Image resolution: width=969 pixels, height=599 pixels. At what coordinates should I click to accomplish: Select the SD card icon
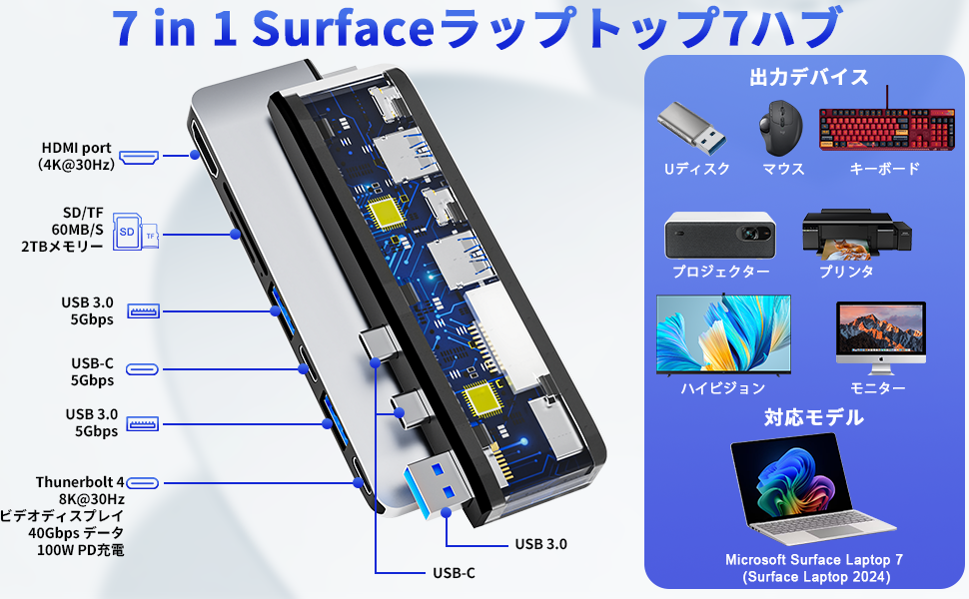(127, 233)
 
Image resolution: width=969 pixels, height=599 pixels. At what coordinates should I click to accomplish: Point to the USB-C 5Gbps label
(92, 371)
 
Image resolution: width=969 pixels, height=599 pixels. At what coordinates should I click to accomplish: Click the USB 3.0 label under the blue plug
(540, 544)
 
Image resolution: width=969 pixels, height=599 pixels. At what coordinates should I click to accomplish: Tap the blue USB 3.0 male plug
(438, 491)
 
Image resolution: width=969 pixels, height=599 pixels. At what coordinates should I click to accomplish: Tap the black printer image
(845, 234)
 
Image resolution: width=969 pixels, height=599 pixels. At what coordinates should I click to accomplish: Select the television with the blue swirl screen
(722, 333)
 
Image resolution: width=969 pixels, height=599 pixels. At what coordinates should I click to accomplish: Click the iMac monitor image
(880, 332)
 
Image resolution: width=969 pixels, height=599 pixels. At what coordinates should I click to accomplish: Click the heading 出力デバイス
(808, 77)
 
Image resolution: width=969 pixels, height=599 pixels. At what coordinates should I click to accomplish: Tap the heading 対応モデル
(808, 416)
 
